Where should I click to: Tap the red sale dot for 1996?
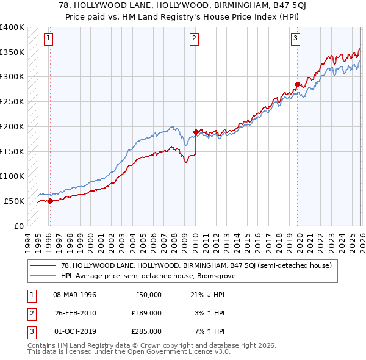50,201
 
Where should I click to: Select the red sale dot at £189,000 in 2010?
196,132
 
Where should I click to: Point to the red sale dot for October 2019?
297,84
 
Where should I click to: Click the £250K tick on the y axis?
12,101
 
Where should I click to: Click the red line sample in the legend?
44,266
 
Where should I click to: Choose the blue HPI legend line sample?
44,276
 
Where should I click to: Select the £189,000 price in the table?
146,312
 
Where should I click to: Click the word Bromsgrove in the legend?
217,276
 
